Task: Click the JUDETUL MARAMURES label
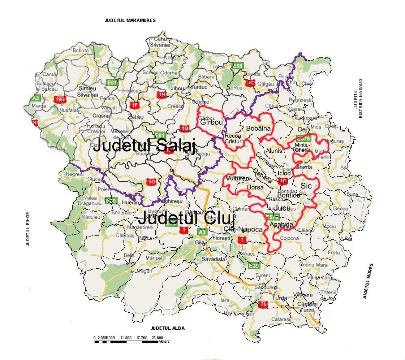point(130,21)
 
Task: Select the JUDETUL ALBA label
point(168,328)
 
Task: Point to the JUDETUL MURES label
point(368,281)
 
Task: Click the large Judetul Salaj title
point(144,147)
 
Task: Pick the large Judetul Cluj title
point(186,218)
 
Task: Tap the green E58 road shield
point(237,66)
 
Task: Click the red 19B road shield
point(60,99)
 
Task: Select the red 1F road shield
point(134,105)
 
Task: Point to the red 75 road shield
point(263,305)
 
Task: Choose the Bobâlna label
point(258,128)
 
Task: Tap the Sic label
point(306,186)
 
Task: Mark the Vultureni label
point(238,178)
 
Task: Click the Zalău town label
point(135,117)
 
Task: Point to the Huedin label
point(131,203)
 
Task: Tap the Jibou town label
point(177,88)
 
